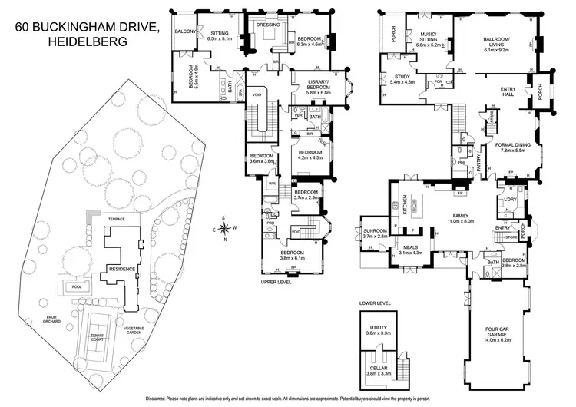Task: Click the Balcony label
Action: [187, 31]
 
